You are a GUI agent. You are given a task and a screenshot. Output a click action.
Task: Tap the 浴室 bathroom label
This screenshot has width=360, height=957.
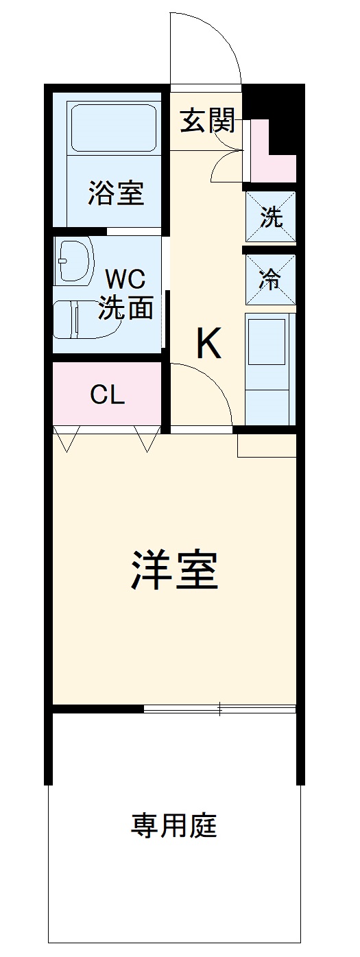click(116, 193)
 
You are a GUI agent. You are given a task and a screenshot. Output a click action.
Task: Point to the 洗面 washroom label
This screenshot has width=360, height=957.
click(126, 307)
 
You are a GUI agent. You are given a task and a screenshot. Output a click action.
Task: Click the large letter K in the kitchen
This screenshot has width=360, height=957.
click(208, 343)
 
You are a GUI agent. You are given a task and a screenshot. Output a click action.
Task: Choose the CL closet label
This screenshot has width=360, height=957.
click(107, 395)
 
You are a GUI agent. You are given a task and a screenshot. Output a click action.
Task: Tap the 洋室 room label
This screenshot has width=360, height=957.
click(174, 571)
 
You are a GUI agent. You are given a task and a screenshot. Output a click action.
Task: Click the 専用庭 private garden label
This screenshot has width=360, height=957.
click(173, 825)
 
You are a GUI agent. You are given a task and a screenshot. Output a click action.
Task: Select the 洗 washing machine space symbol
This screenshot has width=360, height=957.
click(271, 217)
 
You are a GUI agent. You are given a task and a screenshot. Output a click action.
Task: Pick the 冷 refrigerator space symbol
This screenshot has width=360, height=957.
click(271, 279)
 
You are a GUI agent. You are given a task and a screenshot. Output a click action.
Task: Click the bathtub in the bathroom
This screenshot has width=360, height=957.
click(114, 128)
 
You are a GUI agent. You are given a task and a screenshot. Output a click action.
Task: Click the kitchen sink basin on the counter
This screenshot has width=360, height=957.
click(267, 342)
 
